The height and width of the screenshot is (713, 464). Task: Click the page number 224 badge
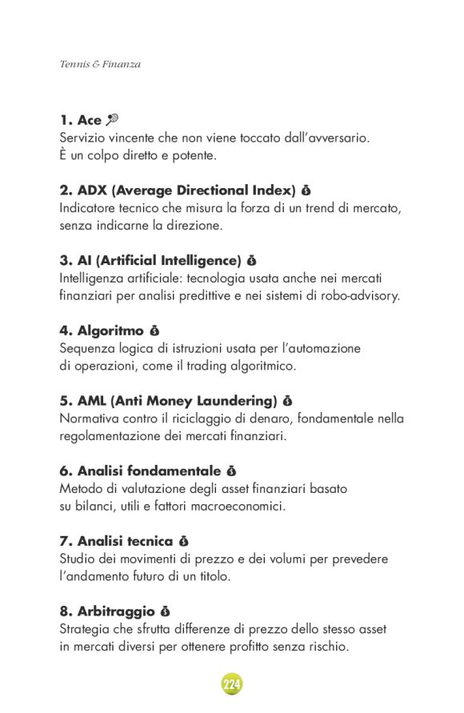pyautogui.click(x=232, y=684)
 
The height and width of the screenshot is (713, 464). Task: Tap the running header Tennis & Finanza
pyautogui.click(x=100, y=64)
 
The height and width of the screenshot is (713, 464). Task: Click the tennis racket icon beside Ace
pyautogui.click(x=112, y=120)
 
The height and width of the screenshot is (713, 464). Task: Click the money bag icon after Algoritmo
pyautogui.click(x=154, y=330)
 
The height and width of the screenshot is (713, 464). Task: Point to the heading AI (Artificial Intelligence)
pyautogui.click(x=150, y=260)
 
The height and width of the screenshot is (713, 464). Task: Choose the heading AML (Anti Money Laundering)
pyautogui.click(x=168, y=400)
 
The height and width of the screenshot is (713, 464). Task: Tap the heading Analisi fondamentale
pyautogui.click(x=140, y=471)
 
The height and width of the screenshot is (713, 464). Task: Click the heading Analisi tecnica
pyautogui.click(x=116, y=541)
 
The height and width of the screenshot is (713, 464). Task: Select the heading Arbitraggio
pyautogui.click(x=107, y=611)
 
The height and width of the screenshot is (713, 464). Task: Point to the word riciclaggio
pyautogui.click(x=213, y=419)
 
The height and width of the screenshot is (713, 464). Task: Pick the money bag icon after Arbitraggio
pyautogui.click(x=166, y=611)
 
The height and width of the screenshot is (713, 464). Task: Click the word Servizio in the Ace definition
pyautogui.click(x=83, y=138)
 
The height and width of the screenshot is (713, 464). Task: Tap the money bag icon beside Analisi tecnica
pyautogui.click(x=183, y=542)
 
